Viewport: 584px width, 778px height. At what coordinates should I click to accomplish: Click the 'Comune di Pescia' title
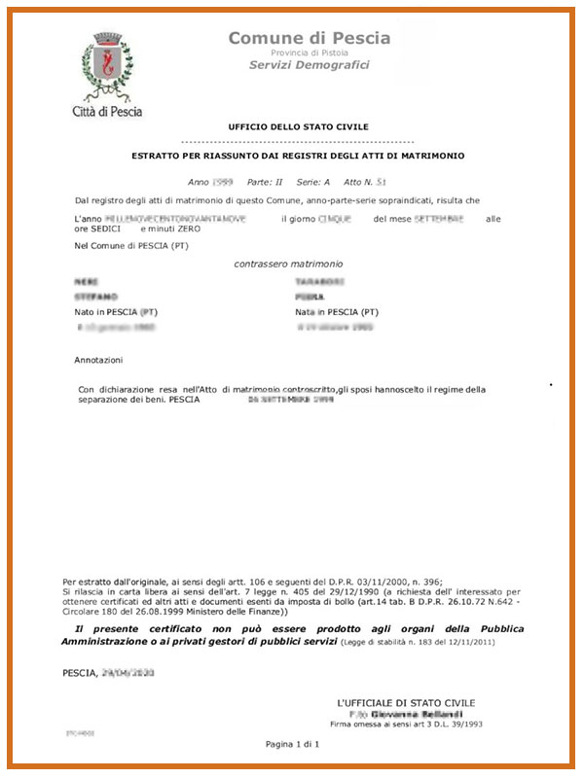pos(310,38)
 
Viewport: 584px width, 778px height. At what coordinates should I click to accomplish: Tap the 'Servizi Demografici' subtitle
pos(310,65)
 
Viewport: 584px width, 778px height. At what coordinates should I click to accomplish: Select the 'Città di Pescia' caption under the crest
pos(107,111)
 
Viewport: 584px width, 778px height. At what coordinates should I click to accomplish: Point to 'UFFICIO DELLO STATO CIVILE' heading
pos(298,127)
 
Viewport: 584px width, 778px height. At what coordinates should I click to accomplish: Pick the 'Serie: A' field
pos(313,182)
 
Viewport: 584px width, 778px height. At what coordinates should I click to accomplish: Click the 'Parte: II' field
pos(266,182)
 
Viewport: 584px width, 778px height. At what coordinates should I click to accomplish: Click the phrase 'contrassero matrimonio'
pos(289,264)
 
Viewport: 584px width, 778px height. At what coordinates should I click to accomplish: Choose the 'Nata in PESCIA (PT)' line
pos(337,312)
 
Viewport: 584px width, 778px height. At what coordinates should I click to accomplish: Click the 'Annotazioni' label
pos(99,360)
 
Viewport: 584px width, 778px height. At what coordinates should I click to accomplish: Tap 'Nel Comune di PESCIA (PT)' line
pos(131,246)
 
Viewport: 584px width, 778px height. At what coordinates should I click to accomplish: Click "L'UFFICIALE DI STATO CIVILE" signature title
pos(406,702)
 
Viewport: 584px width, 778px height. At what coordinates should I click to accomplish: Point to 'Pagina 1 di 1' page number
pos(292,744)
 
